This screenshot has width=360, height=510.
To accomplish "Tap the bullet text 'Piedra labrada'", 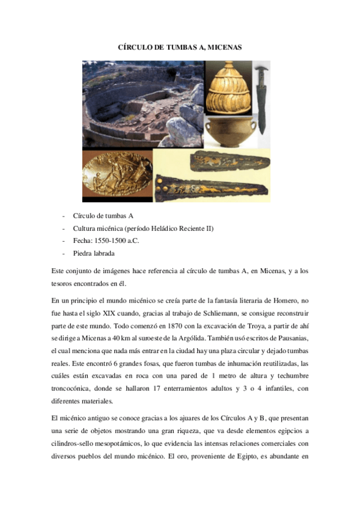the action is tap(94, 253).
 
